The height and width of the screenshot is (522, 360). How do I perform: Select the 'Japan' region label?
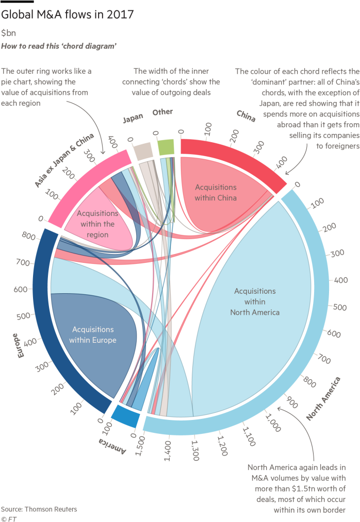click(x=133, y=119)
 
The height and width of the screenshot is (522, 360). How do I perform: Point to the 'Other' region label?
click(x=162, y=112)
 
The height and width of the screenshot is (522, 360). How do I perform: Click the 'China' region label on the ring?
click(x=246, y=116)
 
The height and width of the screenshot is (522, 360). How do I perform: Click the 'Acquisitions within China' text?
click(x=216, y=192)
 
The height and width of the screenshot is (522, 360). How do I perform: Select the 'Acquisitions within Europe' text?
click(x=93, y=334)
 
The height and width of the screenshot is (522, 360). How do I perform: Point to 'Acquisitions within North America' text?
click(x=255, y=301)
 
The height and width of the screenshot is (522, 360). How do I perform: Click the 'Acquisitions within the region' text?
click(x=97, y=224)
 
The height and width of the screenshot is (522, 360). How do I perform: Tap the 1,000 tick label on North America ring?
click(x=273, y=420)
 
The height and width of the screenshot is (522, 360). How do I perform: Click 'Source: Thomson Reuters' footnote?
click(x=39, y=509)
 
